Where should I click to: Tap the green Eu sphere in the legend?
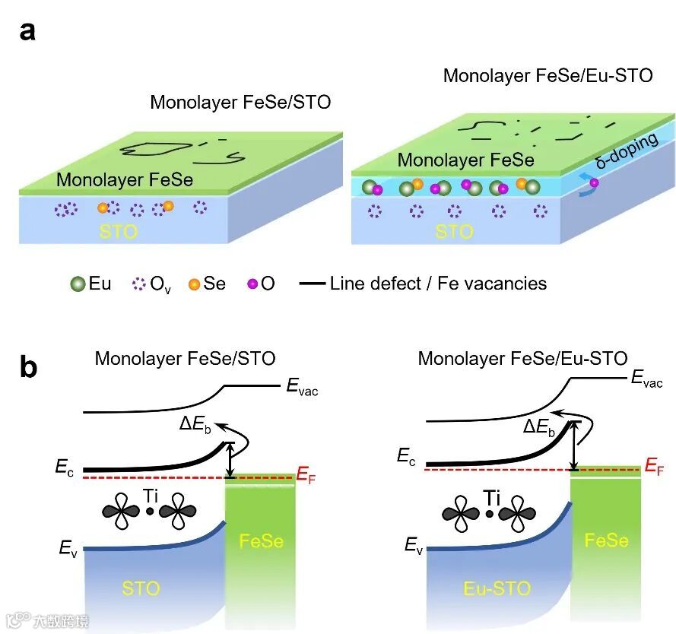pos(78,284)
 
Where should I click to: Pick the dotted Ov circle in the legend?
pos(138,284)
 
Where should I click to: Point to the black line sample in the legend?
pos(311,284)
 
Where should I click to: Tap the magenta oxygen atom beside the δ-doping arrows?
pos(594,182)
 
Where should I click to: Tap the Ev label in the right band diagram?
pos(414,544)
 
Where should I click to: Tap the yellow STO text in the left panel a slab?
pos(119,230)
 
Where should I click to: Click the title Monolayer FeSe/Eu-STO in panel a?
pos(547,76)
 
